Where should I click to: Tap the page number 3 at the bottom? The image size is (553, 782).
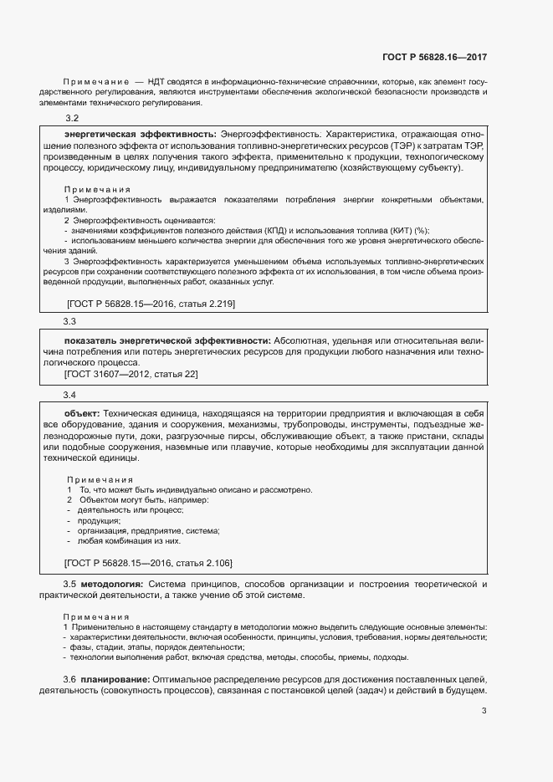(484, 712)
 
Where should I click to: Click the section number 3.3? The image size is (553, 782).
(70, 321)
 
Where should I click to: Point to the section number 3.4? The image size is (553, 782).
(70, 394)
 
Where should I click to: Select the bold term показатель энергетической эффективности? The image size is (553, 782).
(166, 341)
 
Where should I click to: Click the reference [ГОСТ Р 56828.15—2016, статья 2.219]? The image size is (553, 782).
(150, 304)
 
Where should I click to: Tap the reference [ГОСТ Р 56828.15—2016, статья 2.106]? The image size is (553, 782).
(148, 563)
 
